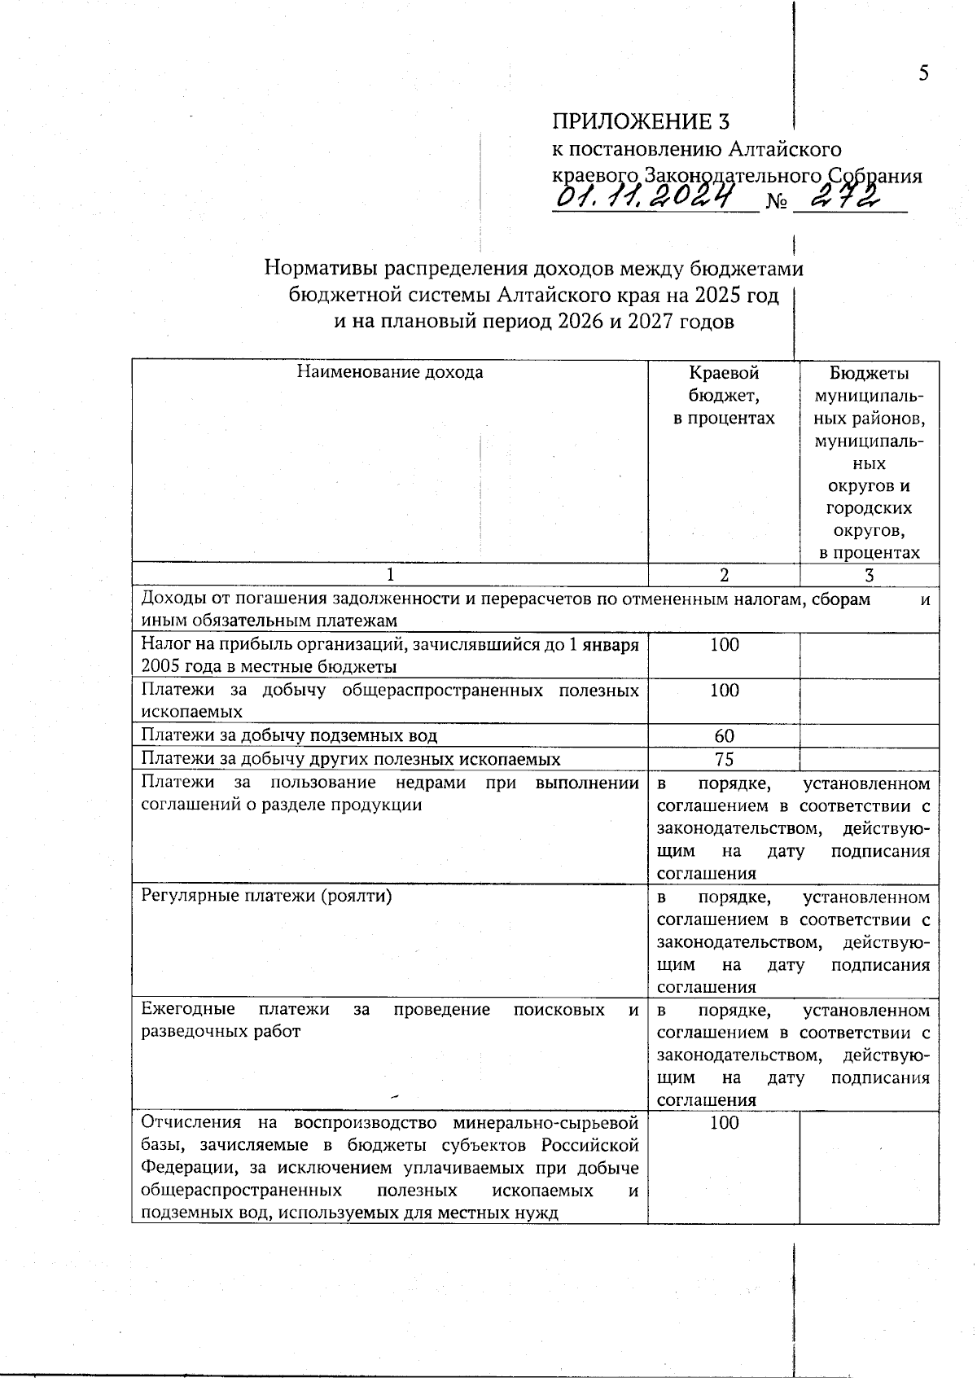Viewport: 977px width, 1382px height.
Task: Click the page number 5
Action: [x=923, y=73]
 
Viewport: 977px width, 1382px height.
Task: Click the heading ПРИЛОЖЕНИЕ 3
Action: [x=641, y=121]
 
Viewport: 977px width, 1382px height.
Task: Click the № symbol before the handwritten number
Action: [x=776, y=201]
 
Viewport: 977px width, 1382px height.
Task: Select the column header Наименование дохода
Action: [x=389, y=372]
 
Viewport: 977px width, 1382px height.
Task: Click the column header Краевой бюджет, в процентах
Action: [x=724, y=395]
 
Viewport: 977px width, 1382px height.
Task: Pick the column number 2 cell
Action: [x=724, y=575]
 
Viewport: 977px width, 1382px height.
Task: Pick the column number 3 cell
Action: [x=869, y=575]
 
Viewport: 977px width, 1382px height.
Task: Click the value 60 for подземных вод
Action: [x=724, y=736]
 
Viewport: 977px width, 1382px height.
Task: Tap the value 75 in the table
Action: [x=724, y=759]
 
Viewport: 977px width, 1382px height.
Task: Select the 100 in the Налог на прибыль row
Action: [x=724, y=645]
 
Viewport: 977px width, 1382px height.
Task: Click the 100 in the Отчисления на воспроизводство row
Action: [x=724, y=1123]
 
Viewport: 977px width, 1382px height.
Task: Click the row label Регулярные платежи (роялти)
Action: [x=266, y=897]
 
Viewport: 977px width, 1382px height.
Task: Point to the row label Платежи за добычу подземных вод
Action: [x=289, y=736]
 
